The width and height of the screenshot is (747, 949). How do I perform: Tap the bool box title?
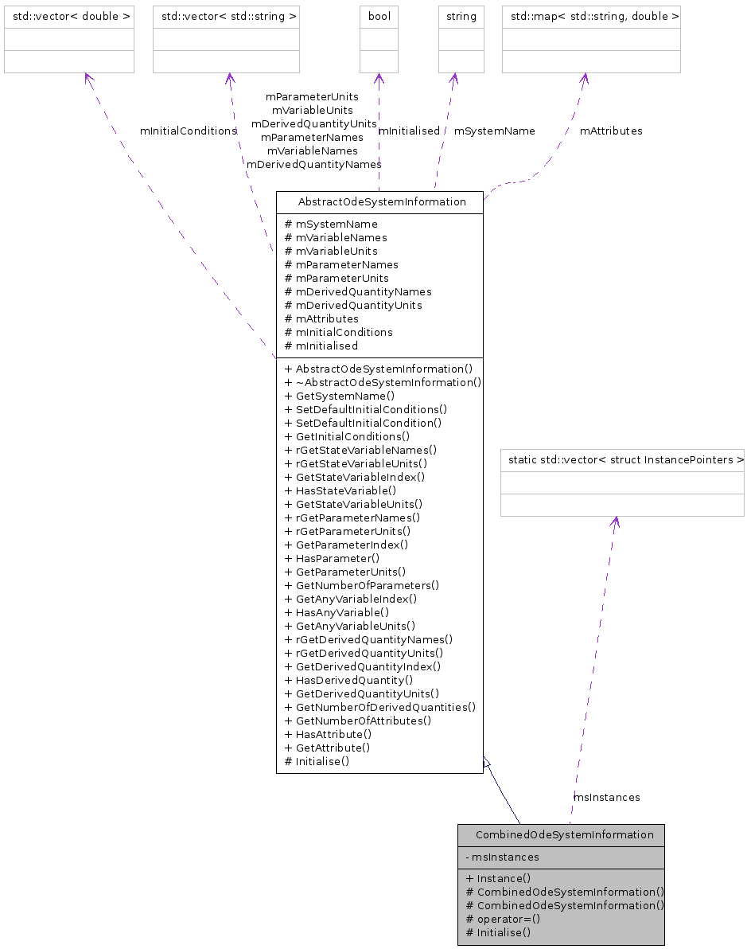tap(379, 16)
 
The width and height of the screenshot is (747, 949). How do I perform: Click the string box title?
tap(461, 16)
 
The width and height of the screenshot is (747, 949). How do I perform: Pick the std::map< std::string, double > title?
tap(591, 16)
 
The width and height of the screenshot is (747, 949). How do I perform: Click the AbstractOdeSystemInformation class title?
tap(382, 201)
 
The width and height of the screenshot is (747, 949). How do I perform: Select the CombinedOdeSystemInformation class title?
tap(564, 834)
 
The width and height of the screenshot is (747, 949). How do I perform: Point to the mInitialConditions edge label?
tap(188, 131)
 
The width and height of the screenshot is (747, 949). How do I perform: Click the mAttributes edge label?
tap(610, 131)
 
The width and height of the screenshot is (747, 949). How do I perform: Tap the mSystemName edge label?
tap(494, 131)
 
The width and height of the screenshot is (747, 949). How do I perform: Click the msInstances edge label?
tap(606, 797)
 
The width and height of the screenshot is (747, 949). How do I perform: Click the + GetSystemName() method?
tap(340, 396)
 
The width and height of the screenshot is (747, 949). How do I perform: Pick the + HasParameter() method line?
tap(332, 558)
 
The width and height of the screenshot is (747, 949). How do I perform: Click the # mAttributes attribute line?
tap(321, 318)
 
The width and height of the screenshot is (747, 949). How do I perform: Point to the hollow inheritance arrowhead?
tap(486, 762)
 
